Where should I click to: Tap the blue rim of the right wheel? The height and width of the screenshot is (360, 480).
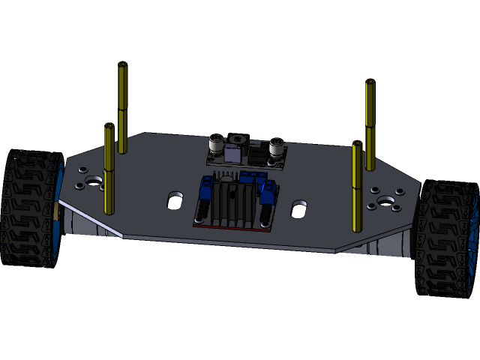tap(472, 240)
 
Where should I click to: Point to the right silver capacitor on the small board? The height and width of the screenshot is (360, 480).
tap(276, 146)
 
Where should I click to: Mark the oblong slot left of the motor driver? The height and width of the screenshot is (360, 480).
tap(175, 199)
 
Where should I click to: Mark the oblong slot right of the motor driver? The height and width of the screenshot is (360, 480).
tap(298, 208)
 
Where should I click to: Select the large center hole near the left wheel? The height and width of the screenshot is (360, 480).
tap(93, 181)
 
